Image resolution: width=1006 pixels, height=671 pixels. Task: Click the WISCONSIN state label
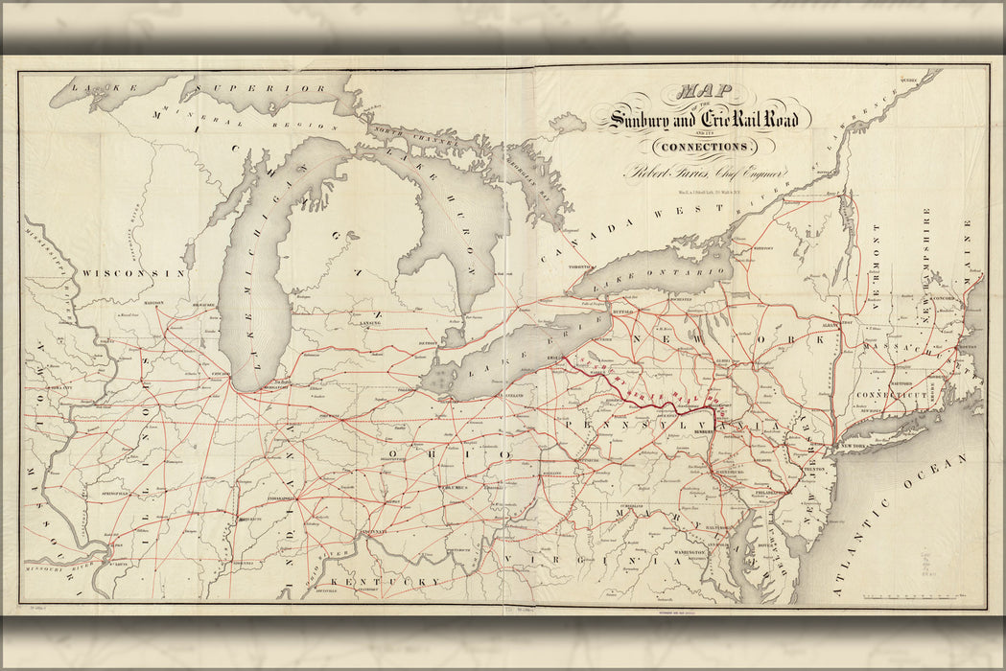(x=132, y=273)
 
